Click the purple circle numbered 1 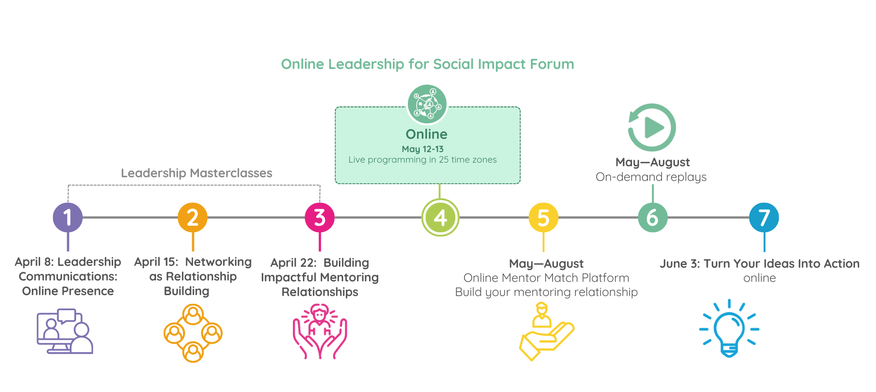click(68, 217)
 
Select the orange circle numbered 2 click(193, 217)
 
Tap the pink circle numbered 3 click(320, 217)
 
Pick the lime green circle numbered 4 click(440, 217)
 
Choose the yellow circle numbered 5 click(543, 217)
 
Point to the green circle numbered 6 click(652, 217)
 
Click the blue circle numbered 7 click(764, 217)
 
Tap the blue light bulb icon click(729, 328)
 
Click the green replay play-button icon click(652, 127)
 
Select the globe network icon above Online click(427, 104)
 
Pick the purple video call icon click(65, 331)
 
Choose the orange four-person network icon click(193, 333)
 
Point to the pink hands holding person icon click(320, 331)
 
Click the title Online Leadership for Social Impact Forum click(428, 64)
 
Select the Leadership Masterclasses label click(197, 173)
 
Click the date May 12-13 click(422, 149)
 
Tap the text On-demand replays click(651, 177)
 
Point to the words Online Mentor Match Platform click(546, 278)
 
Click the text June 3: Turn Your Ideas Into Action click(759, 264)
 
